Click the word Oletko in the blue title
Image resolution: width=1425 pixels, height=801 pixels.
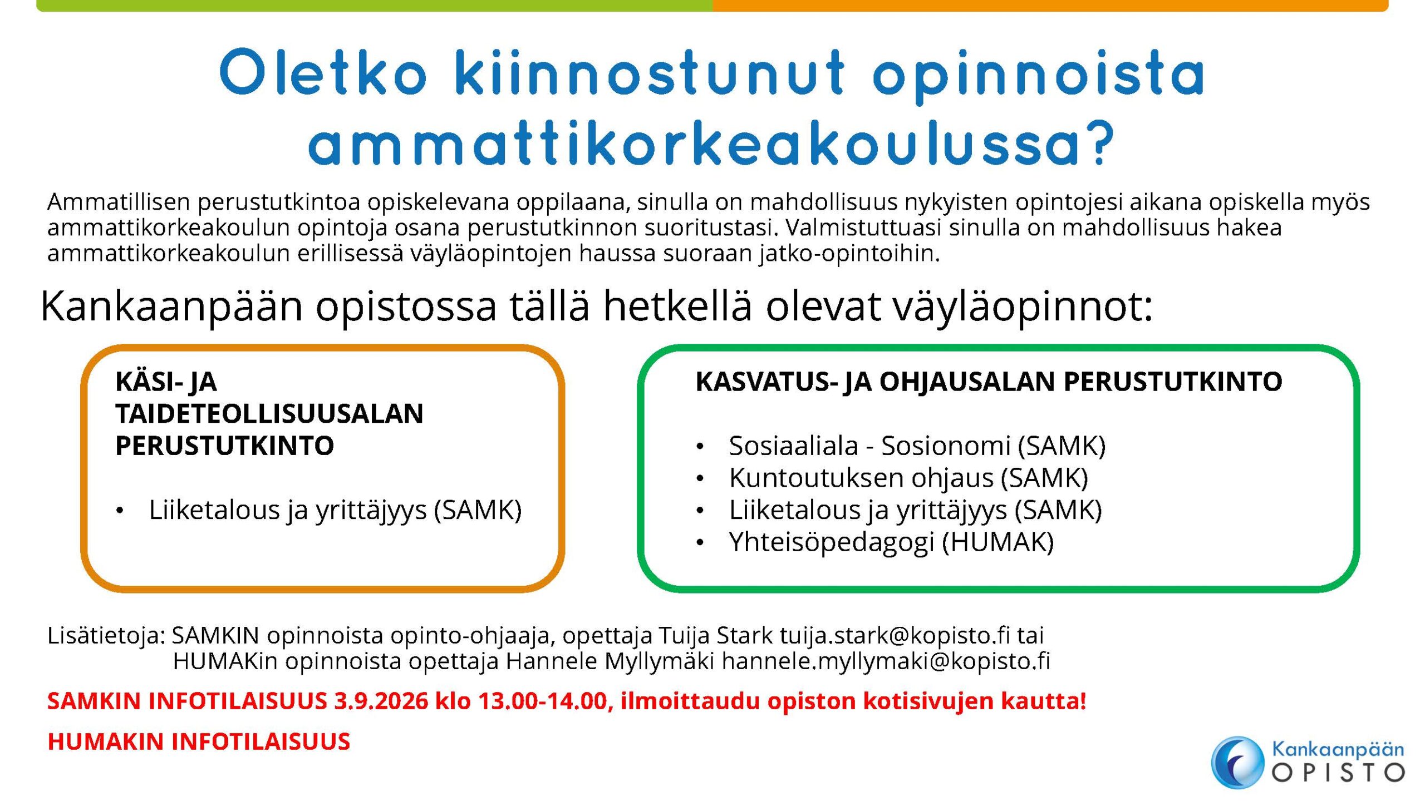[323, 72]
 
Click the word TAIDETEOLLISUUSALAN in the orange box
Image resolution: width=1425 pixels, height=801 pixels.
[269, 413]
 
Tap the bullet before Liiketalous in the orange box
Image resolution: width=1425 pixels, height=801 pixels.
[119, 511]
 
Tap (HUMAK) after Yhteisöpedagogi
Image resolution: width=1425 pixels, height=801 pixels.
[998, 542]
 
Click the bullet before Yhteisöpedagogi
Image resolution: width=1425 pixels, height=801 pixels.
[700, 543]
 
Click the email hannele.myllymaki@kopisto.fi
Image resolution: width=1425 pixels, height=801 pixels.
[886, 661]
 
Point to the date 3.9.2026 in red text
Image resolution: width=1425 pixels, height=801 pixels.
[381, 701]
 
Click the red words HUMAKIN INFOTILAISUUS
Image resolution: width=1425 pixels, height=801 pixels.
[199, 741]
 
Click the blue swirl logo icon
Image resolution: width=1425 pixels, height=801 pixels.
[1237, 762]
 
